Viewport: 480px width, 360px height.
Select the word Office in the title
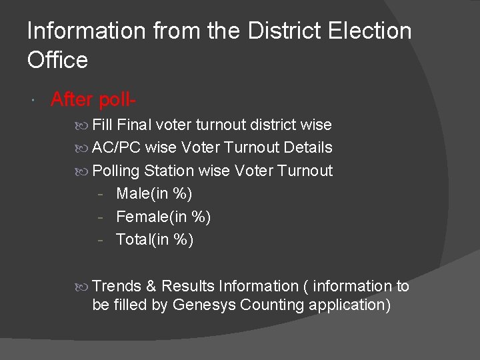(57, 60)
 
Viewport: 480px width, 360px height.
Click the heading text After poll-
(94, 99)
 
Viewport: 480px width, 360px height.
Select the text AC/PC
(116, 147)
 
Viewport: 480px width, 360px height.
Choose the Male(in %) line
(154, 194)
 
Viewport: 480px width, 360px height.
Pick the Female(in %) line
(163, 217)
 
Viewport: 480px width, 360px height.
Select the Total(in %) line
(155, 239)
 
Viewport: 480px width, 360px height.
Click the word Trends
(117, 286)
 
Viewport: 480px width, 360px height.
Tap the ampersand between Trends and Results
(151, 286)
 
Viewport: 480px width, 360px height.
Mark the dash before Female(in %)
(99, 217)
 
